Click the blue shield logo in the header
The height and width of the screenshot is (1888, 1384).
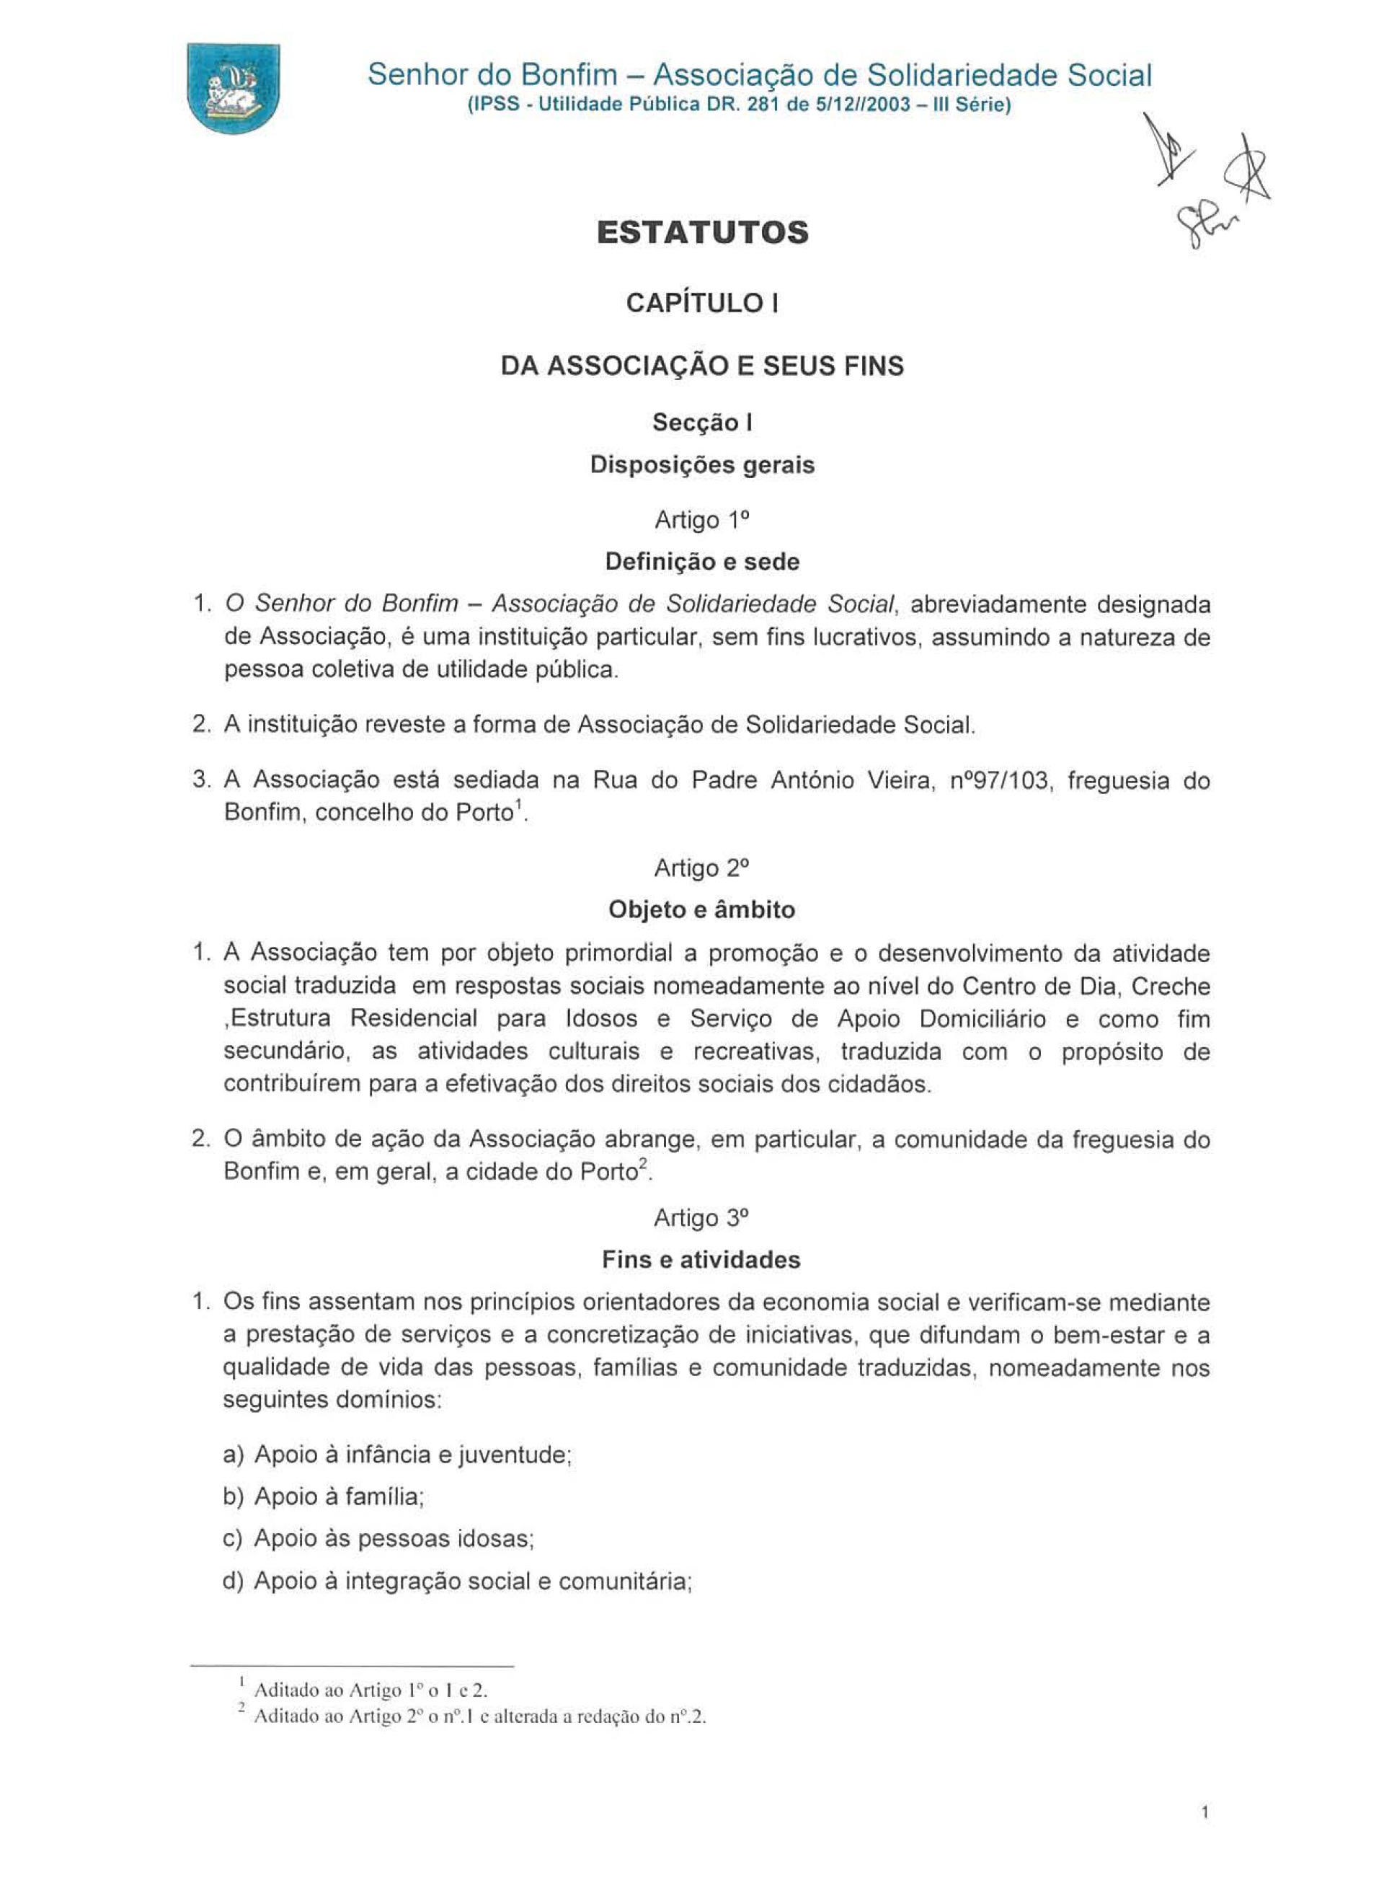point(233,87)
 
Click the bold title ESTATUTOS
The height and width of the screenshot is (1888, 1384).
point(702,232)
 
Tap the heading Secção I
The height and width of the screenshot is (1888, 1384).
point(702,423)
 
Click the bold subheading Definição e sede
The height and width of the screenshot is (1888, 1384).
point(702,562)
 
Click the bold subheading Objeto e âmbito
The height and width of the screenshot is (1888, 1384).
point(702,909)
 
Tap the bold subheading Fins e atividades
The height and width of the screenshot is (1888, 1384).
point(702,1259)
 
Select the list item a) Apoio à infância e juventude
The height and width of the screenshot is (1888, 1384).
point(397,1455)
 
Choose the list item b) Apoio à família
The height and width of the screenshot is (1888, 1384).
point(324,1496)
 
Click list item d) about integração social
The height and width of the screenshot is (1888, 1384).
point(456,1582)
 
